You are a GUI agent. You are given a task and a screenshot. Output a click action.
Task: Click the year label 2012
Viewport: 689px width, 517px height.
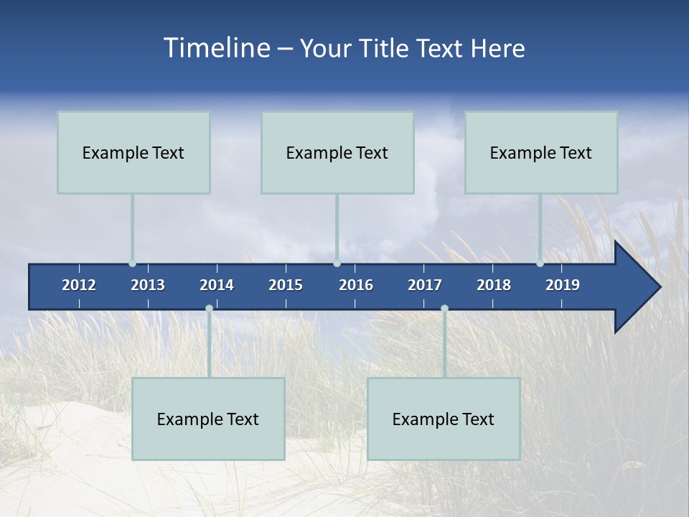pos(79,285)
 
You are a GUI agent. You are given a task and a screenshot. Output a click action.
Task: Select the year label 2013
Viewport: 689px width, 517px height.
pos(148,285)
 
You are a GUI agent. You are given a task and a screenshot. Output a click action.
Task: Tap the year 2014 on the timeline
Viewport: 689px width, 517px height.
pos(217,285)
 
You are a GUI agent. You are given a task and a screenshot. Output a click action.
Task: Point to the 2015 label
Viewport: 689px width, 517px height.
pos(286,285)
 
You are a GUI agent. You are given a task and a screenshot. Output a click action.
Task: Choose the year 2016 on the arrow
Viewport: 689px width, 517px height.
pos(356,285)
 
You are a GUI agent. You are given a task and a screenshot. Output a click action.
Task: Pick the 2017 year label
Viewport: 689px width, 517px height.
pos(425,285)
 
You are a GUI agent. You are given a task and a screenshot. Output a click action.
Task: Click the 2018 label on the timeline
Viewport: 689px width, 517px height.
pos(494,285)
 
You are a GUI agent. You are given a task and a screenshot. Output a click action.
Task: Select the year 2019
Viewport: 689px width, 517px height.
pos(563,285)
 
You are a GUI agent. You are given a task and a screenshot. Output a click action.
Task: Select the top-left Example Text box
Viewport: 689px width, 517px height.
pos(133,152)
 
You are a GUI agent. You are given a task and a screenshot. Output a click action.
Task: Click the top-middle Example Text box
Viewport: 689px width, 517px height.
pos(337,152)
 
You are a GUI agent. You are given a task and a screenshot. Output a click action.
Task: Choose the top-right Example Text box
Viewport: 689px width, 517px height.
pos(541,152)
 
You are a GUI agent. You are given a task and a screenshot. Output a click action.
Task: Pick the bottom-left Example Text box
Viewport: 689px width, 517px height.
pos(208,419)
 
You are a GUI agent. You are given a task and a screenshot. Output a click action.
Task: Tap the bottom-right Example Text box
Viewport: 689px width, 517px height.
pos(444,419)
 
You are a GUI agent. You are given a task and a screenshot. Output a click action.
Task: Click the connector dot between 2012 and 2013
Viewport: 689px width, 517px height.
pos(132,264)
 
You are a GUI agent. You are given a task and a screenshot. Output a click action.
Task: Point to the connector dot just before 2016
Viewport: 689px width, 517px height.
pos(337,264)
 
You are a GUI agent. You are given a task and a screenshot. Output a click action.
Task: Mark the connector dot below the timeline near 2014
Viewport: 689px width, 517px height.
pos(209,308)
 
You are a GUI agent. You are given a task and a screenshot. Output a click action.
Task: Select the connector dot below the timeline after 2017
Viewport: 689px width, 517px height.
pos(444,308)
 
